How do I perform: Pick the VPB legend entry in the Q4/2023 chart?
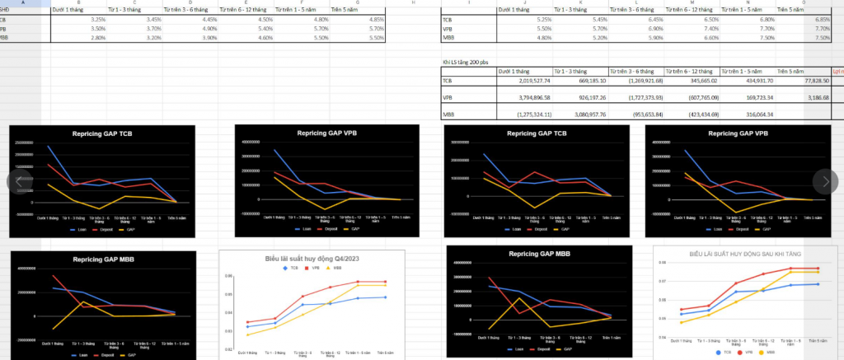tap(316, 268)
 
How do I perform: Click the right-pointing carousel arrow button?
tap(825, 181)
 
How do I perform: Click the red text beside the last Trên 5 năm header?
tap(837, 71)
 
